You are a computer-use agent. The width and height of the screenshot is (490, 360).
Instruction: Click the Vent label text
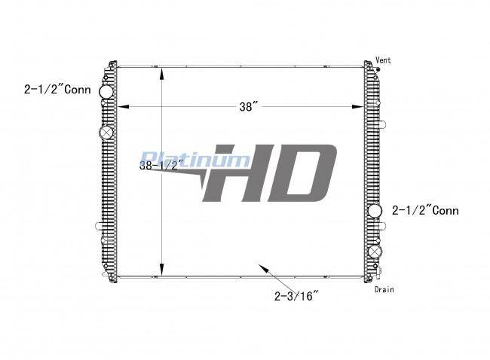coord(383,60)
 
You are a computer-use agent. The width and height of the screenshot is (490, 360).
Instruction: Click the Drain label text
coord(384,289)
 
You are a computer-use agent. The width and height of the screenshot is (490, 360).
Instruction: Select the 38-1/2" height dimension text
coord(161,165)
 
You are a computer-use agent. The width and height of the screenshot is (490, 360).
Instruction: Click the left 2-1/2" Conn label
coord(57,90)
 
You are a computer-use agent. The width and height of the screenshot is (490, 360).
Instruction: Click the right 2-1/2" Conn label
coord(425,210)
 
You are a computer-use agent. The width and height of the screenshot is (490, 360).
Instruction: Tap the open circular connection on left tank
coord(106,92)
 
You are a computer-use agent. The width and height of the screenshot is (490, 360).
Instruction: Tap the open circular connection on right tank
coord(375,211)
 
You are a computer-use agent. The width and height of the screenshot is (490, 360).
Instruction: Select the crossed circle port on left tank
coord(106,133)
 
